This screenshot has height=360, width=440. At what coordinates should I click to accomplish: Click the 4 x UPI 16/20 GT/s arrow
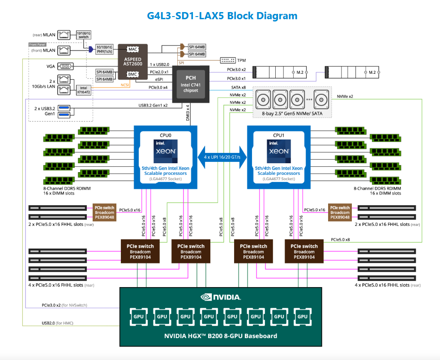click(x=222, y=157)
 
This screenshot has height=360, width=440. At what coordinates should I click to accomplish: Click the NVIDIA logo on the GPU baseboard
click(x=221, y=296)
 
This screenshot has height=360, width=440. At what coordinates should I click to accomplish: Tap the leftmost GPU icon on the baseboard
click(x=139, y=316)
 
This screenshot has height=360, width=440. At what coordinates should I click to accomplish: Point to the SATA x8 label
click(x=238, y=88)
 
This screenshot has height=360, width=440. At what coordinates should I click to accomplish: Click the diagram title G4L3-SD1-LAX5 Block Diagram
click(x=222, y=16)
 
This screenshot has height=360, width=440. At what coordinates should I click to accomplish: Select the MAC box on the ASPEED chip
click(x=132, y=49)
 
